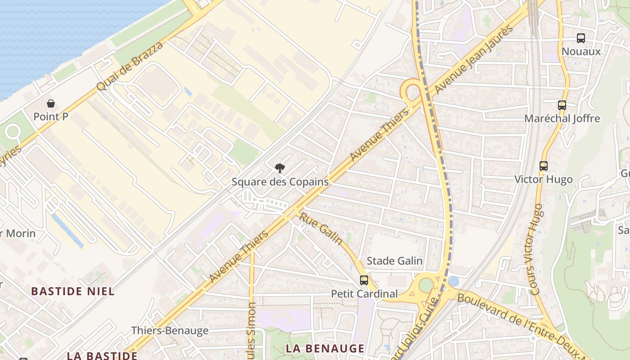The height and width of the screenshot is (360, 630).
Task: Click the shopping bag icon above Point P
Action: coord(51,103)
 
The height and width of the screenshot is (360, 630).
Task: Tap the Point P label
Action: coord(51,117)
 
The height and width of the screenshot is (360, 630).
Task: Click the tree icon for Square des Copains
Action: coord(280,168)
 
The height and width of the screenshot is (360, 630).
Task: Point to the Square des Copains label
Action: coord(280,182)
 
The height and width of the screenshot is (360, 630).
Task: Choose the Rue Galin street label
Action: coord(321,229)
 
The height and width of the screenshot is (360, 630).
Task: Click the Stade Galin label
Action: coord(395,261)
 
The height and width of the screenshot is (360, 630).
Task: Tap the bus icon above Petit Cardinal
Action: coord(364,280)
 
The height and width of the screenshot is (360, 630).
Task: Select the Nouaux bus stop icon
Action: coord(581,38)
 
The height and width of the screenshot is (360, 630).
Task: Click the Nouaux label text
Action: coord(581,51)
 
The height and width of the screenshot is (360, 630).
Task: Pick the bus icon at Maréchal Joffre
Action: coord(562,105)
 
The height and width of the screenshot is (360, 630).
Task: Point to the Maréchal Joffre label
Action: coord(562,119)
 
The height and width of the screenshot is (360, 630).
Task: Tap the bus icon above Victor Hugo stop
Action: coord(544,166)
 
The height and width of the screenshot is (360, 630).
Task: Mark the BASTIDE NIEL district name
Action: coord(73,291)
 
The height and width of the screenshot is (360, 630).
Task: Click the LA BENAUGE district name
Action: coord(325,349)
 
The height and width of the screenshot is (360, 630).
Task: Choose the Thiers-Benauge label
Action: coord(170,331)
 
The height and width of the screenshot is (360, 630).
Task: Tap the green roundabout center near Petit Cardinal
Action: coord(426,285)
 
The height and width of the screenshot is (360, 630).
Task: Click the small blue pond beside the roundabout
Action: coord(454,281)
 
